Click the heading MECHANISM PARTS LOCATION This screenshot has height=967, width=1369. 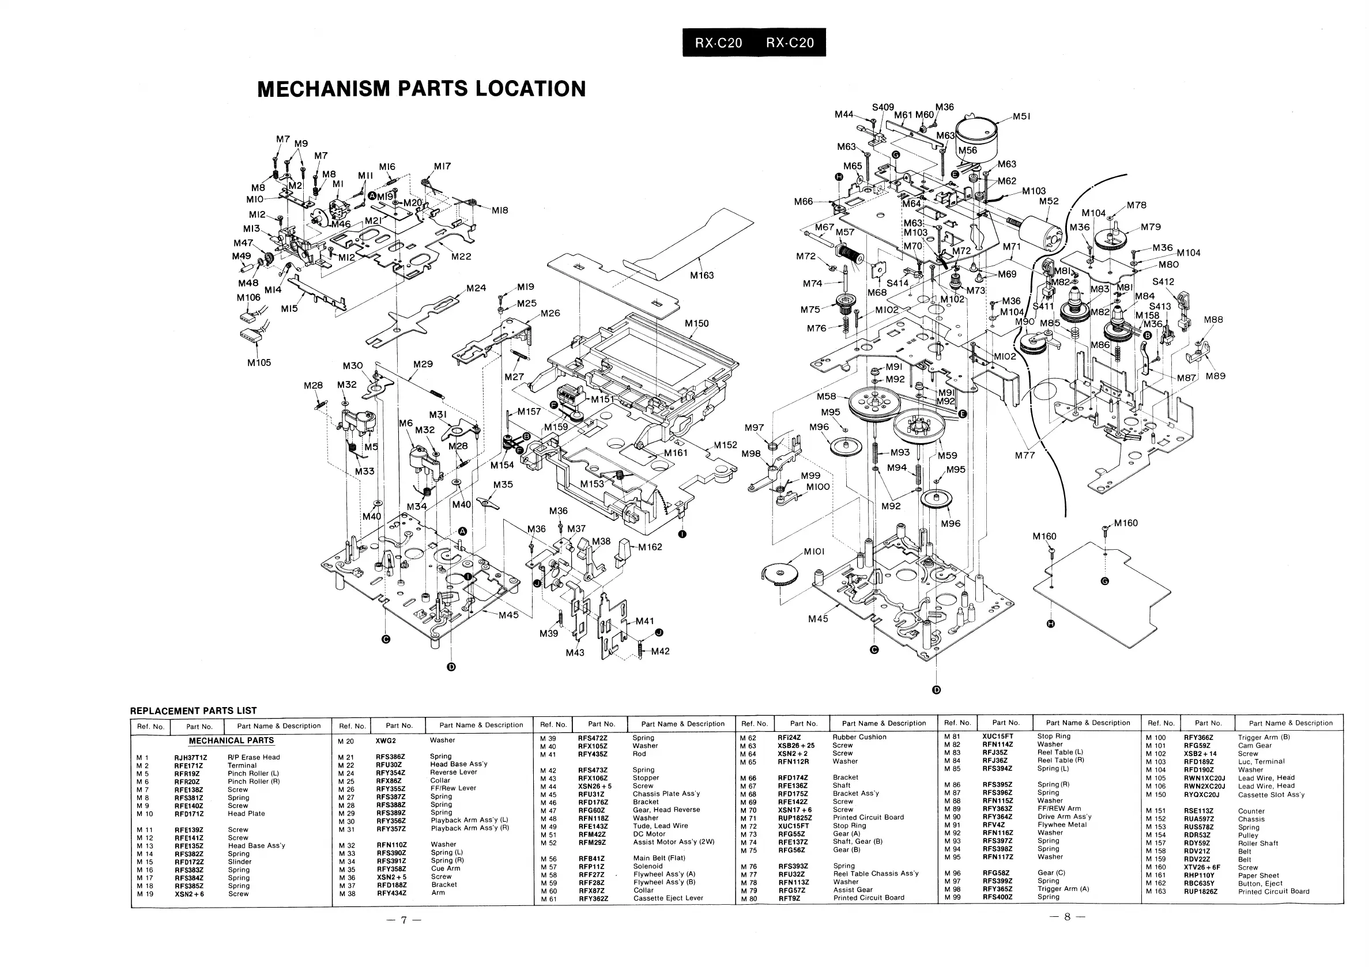click(x=421, y=89)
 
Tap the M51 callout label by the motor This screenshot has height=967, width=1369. click(x=1022, y=117)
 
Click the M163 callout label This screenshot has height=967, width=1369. click(x=702, y=275)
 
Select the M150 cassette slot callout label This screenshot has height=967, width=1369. click(x=696, y=324)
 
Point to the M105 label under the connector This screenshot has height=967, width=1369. click(x=259, y=362)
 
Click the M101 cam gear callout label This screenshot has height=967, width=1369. click(x=814, y=552)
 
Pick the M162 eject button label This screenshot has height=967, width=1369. click(x=650, y=547)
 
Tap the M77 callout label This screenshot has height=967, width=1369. click(x=1025, y=455)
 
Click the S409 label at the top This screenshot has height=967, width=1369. click(x=883, y=107)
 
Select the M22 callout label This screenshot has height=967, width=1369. click(x=461, y=256)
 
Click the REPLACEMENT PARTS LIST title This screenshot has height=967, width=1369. click(x=193, y=711)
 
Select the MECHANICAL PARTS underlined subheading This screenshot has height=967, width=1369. click(x=231, y=741)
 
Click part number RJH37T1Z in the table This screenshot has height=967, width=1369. click(x=191, y=758)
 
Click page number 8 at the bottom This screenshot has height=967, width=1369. click(x=1068, y=917)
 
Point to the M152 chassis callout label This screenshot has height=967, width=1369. click(x=726, y=445)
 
